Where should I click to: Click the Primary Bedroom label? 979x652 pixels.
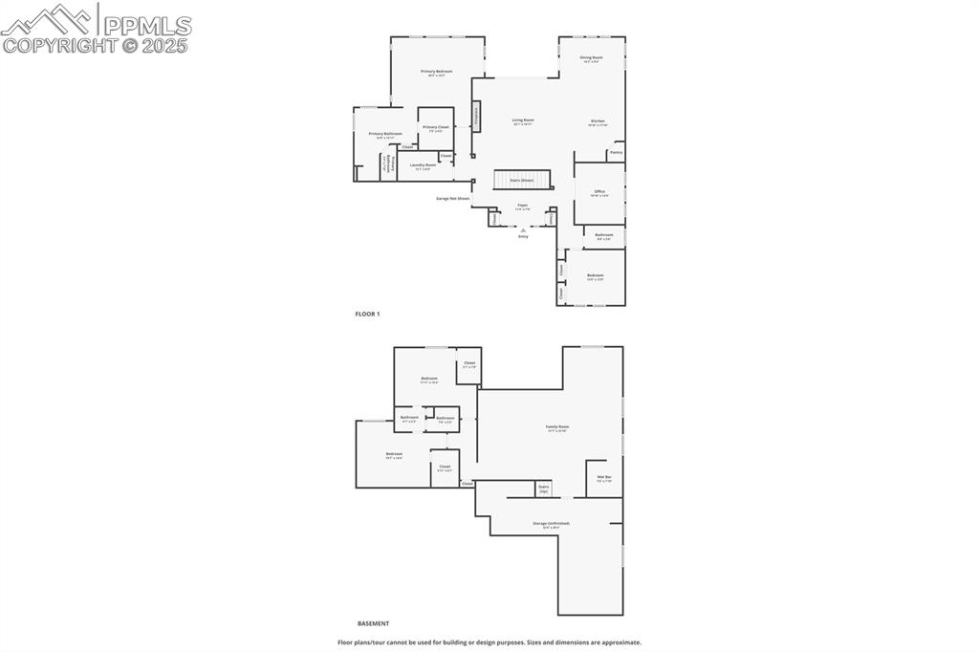[436, 72]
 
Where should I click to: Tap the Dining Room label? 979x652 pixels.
[591, 57]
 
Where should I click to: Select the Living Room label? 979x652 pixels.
[523, 120]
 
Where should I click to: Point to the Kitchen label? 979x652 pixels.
[598, 121]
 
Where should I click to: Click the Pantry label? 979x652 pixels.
[616, 152]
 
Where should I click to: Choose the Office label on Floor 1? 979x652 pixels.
[599, 191]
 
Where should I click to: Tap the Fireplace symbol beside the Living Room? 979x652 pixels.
[475, 116]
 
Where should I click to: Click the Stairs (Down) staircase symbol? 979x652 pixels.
[522, 180]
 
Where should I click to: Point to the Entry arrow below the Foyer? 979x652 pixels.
[523, 230]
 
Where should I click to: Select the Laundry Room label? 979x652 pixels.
[424, 165]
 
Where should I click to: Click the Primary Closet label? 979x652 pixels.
[436, 127]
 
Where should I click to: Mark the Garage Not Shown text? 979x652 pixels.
[453, 199]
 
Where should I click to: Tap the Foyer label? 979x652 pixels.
[523, 205]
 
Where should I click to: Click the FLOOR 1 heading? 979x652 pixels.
[367, 314]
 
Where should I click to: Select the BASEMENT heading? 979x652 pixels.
[373, 623]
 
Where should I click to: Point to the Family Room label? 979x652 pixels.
[557, 426]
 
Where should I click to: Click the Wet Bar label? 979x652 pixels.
[604, 477]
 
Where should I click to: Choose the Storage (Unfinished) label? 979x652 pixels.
[552, 524]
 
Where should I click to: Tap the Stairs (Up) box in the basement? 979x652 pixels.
[544, 489]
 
